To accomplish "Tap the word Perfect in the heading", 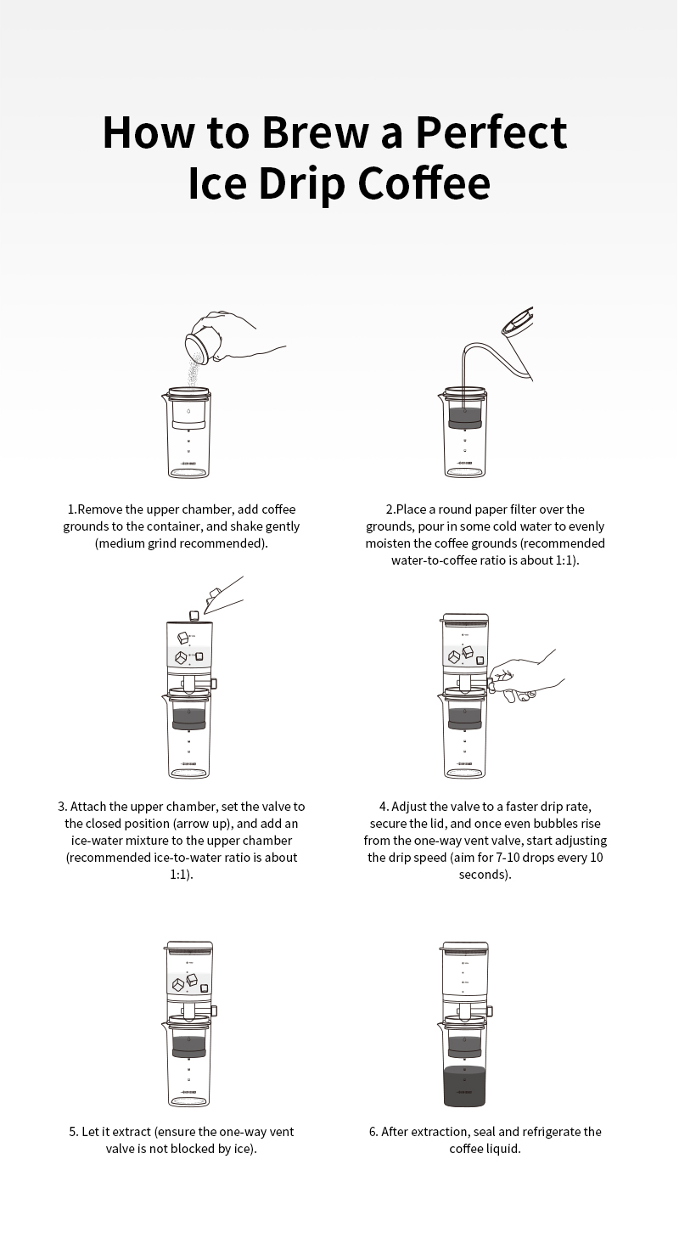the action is pos(491,132).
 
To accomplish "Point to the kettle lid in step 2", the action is pos(519,321).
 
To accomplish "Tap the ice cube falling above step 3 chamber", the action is pos(194,616).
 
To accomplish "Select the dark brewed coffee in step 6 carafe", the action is pos(465,1086).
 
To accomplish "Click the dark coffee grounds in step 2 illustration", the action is pos(465,419).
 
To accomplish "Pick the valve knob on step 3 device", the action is pos(213,684).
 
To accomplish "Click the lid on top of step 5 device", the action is pos(189,947).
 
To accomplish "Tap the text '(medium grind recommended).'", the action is pos(182,543).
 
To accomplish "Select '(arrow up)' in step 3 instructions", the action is pos(203,824).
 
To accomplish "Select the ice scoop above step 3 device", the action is pos(222,595).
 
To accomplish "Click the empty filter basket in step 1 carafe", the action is pos(189,414).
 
